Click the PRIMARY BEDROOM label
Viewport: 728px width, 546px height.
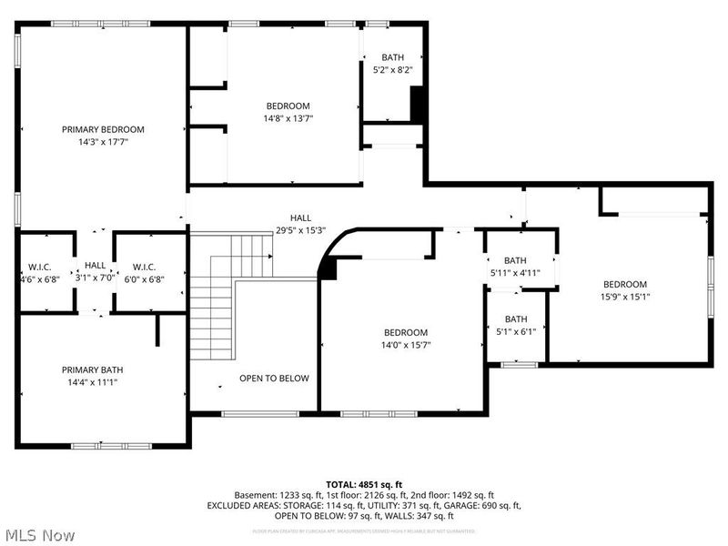[103, 129]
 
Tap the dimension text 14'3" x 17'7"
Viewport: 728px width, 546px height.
[103, 141]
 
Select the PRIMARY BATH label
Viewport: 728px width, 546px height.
[92, 369]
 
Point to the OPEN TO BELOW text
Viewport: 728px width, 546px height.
[274, 378]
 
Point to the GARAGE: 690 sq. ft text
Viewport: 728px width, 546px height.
[487, 505]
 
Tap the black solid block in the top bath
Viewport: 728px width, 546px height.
[418, 104]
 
